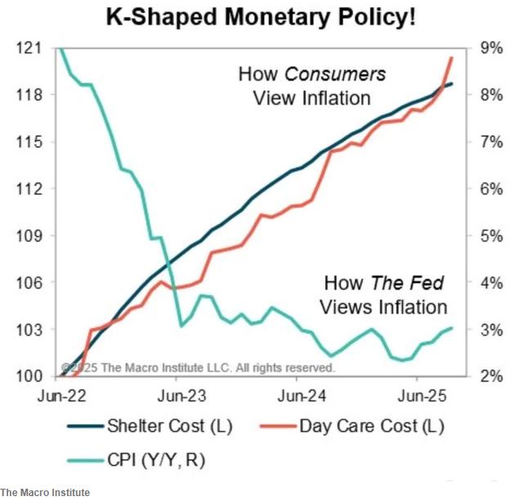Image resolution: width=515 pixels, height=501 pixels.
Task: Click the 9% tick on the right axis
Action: coord(491,48)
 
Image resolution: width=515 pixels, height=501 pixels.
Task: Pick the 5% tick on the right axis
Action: coord(491,236)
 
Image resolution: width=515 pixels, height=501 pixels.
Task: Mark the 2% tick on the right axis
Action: coord(491,377)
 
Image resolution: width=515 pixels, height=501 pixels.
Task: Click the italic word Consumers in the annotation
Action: coord(335,74)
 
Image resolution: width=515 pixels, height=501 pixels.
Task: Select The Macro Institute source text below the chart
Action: coord(45,492)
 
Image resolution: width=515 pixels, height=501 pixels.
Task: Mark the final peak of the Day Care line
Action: coord(452,57)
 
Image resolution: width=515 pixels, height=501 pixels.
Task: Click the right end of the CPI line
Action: coord(452,328)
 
